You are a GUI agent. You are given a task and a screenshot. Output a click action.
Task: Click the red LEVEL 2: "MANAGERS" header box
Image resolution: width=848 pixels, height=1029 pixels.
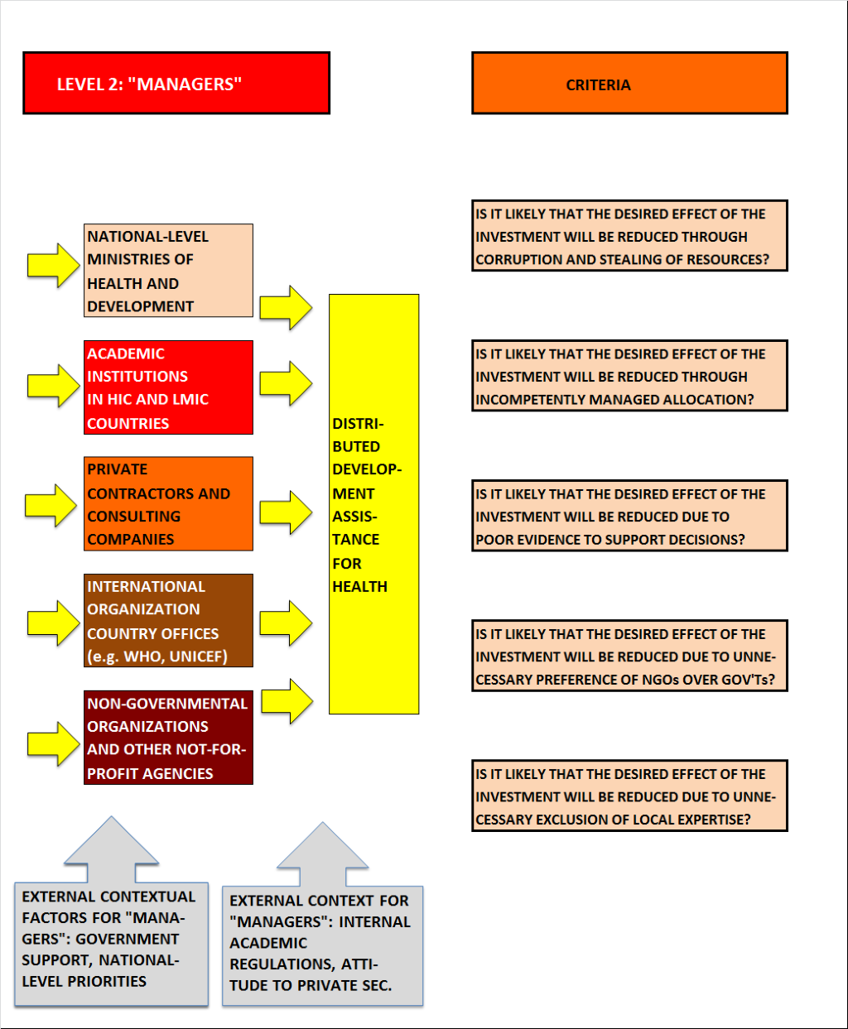point(176,83)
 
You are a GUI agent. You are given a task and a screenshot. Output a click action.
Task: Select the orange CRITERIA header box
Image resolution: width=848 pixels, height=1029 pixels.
point(629,83)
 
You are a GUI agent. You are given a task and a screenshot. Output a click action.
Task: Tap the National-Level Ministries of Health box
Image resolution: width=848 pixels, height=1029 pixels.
point(169,271)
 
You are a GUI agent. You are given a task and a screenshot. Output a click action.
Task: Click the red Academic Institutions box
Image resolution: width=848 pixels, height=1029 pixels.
point(169,387)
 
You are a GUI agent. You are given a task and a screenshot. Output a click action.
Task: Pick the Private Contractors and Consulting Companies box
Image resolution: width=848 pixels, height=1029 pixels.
point(169,503)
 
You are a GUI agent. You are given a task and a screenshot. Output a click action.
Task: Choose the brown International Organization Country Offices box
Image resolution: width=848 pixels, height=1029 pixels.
point(169,620)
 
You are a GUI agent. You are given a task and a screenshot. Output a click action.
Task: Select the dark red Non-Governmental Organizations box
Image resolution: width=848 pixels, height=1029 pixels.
point(169,738)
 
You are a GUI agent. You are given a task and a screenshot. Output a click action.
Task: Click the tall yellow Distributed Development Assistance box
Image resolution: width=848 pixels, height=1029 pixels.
point(374,504)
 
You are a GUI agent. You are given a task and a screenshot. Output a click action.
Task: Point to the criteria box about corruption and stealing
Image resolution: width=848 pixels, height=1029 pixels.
point(629,236)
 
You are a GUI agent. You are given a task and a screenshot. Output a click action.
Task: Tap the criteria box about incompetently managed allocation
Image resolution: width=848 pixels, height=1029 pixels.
point(629,376)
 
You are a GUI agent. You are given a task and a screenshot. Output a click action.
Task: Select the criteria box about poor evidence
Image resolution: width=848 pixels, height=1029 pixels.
point(629,516)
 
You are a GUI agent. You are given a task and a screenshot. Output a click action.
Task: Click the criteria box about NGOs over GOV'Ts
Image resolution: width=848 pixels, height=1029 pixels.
point(629,656)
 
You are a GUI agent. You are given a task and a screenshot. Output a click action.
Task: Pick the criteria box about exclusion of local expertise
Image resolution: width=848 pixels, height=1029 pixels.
point(629,796)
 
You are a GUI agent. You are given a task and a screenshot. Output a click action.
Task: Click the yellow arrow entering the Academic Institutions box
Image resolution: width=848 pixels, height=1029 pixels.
point(53,386)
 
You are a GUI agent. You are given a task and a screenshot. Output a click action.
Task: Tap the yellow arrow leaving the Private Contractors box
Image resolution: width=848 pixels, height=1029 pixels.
point(286,512)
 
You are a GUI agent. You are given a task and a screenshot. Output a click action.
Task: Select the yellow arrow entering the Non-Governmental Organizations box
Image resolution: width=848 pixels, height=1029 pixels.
point(53,743)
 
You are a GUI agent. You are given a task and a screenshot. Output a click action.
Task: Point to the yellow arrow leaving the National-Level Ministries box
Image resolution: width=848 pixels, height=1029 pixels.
point(286,307)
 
